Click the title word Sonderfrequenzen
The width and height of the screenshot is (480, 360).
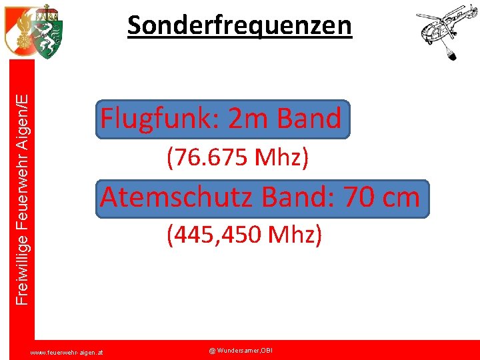pyautogui.click(x=239, y=25)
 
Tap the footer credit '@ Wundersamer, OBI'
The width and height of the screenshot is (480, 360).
pyautogui.click(x=241, y=350)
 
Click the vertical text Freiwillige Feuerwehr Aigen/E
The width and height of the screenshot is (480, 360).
pyautogui.click(x=23, y=200)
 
